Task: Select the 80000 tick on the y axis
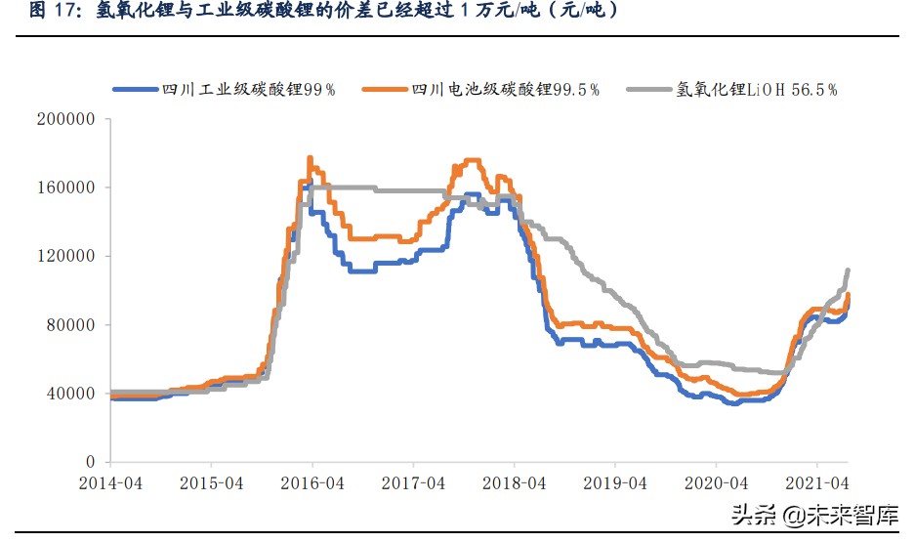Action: pos(71,325)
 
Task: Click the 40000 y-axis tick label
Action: pos(71,394)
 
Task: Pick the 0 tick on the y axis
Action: pos(89,462)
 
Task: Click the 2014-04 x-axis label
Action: pos(111,483)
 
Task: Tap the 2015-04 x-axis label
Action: pos(212,483)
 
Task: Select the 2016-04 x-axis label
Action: pos(312,483)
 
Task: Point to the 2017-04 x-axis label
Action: pos(414,483)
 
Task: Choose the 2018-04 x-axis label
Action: pos(515,483)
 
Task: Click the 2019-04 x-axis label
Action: pos(615,483)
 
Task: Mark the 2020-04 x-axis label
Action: pos(716,483)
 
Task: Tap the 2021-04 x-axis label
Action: pos(817,483)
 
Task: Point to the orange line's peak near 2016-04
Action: pos(310,157)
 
